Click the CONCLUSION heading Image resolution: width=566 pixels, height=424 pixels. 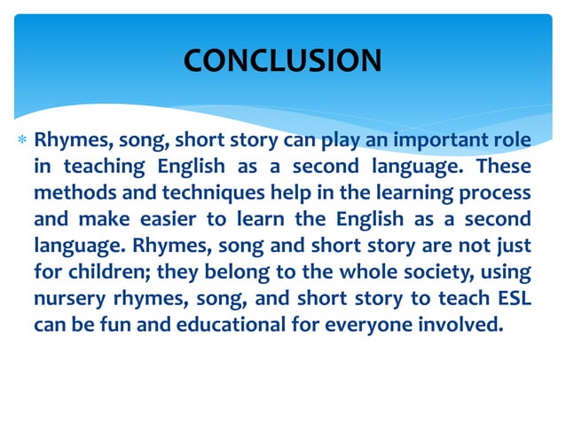[x=282, y=59]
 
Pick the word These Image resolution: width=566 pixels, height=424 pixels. [x=503, y=166]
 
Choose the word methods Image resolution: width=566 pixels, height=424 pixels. [x=71, y=192]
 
